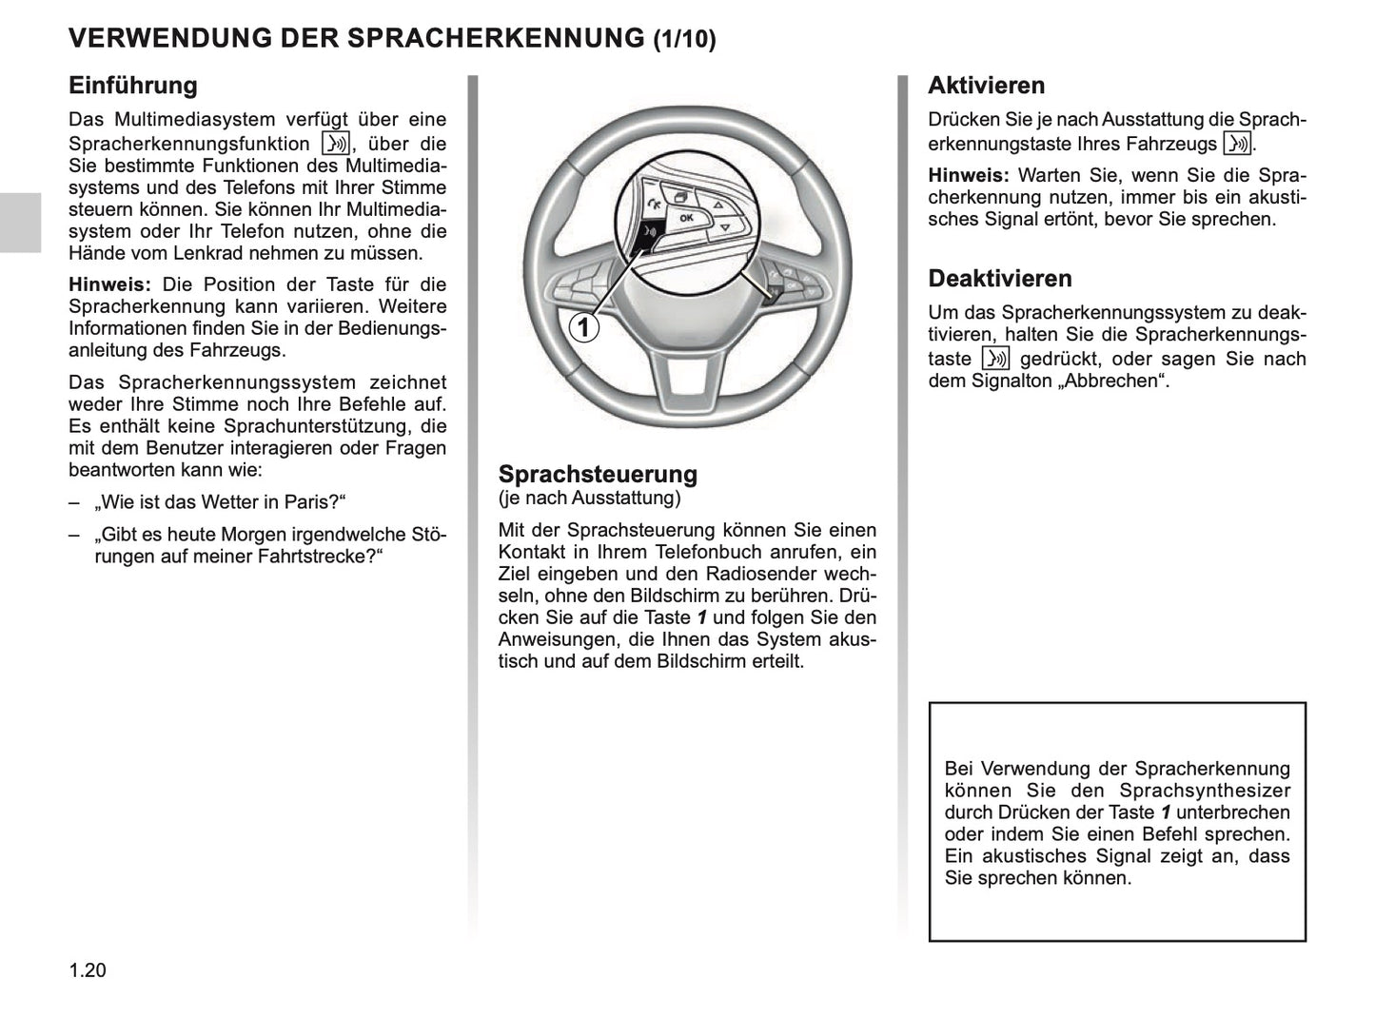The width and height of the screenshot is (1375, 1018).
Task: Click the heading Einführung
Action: pos(132,86)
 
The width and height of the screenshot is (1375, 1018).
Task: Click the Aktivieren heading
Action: pos(986,86)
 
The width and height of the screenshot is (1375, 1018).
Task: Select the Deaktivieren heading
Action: pos(999,279)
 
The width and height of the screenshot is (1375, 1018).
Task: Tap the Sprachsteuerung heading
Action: pos(598,474)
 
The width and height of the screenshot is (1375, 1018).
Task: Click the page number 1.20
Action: pos(88,970)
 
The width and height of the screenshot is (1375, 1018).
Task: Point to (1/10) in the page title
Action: pos(684,39)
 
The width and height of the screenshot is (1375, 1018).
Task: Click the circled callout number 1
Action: pos(584,328)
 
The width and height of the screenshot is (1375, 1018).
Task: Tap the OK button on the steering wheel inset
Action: pos(686,219)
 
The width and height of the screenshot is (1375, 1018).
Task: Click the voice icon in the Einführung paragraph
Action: pos(336,144)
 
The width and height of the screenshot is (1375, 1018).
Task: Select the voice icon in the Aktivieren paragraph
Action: pos(1236,144)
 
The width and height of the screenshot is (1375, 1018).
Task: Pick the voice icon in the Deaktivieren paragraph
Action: pos(994,359)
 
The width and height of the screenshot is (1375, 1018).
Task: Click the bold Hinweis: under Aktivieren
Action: pos(968,176)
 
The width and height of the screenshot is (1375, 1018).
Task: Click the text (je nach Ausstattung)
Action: pos(589,498)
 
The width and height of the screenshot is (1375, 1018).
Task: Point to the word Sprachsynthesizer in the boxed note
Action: pos(1204,791)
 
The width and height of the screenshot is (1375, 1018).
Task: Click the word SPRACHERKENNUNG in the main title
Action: pos(495,38)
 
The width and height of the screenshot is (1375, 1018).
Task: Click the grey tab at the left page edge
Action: pos(20,222)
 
